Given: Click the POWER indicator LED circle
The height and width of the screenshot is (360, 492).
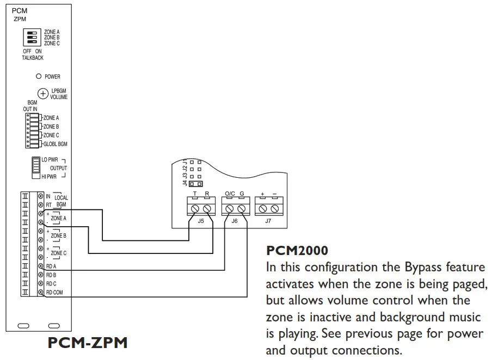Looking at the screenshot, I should click(39, 77).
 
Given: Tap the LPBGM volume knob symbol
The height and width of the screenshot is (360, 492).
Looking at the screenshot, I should click(42, 94).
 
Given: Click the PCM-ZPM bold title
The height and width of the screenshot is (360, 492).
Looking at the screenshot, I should click(88, 343).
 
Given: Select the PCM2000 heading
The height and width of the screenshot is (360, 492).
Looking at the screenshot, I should click(297, 251).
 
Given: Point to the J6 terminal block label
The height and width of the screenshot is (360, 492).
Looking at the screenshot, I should click(235, 221).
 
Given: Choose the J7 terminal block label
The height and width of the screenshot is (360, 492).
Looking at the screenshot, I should click(268, 221).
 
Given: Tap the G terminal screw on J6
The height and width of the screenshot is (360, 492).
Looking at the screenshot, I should click(241, 209).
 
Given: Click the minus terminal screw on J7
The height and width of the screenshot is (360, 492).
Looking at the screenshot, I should click(274, 209).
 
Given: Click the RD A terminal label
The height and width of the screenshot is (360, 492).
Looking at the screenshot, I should click(52, 266).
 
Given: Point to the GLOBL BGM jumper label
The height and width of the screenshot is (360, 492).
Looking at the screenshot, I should click(55, 144).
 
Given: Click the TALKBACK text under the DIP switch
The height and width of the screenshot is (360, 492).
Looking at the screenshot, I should click(33, 58).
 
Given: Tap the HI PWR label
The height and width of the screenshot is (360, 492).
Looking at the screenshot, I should click(50, 177).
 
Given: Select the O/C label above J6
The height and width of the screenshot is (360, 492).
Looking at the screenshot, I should click(229, 194).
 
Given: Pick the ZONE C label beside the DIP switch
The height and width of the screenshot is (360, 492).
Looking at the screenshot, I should click(52, 43).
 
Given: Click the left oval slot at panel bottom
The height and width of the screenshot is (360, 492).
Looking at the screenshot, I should click(23, 326).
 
